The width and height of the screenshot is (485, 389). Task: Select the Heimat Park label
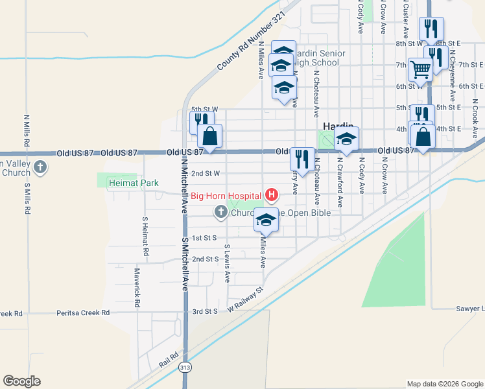point(133,183)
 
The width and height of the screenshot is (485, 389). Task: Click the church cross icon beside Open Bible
point(220,212)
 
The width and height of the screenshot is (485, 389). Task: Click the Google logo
point(21,381)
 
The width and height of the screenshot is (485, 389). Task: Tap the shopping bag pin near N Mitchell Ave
point(209,137)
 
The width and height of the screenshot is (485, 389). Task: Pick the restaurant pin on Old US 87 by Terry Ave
point(302,158)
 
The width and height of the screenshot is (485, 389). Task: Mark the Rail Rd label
point(170,357)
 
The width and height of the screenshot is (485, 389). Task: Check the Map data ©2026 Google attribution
point(445,384)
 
